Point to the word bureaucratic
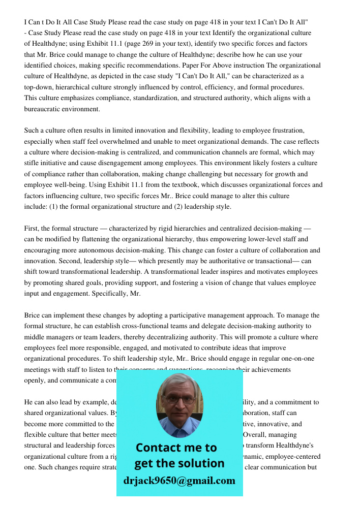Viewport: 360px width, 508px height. [x=43, y=109]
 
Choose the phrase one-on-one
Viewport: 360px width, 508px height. [x=301, y=359]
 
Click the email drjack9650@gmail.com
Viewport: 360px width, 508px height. [x=179, y=481]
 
